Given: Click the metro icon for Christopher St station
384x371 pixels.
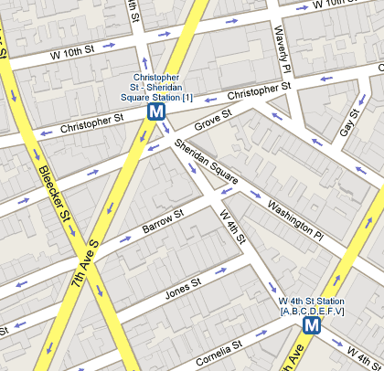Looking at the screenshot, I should (156, 111).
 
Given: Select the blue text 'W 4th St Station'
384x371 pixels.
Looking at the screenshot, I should (312, 302).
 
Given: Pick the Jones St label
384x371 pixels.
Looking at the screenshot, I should (181, 289).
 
